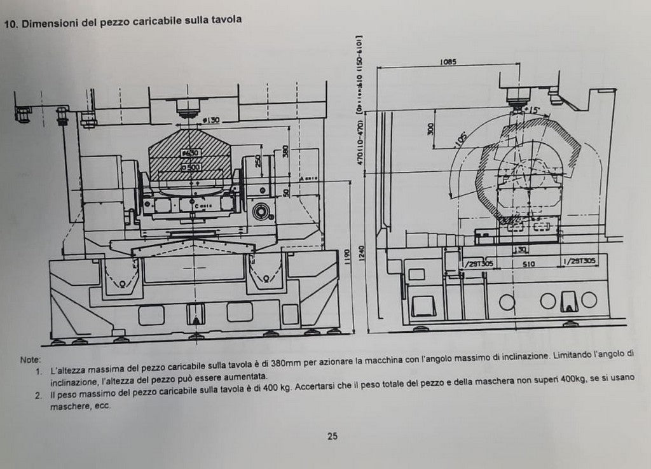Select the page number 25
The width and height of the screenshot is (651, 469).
(x=332, y=436)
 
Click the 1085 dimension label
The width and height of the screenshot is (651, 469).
(x=448, y=62)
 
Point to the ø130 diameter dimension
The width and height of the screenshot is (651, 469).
(x=210, y=120)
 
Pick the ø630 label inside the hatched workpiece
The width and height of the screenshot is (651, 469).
(x=189, y=153)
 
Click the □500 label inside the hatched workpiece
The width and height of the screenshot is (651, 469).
(x=189, y=167)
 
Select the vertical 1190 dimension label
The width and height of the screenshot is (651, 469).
(x=346, y=255)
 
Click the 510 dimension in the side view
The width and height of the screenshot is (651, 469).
(x=528, y=262)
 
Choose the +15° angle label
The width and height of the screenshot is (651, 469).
(x=531, y=110)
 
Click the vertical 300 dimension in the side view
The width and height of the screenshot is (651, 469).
(x=432, y=129)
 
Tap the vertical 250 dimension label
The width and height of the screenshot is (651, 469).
(x=257, y=162)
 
